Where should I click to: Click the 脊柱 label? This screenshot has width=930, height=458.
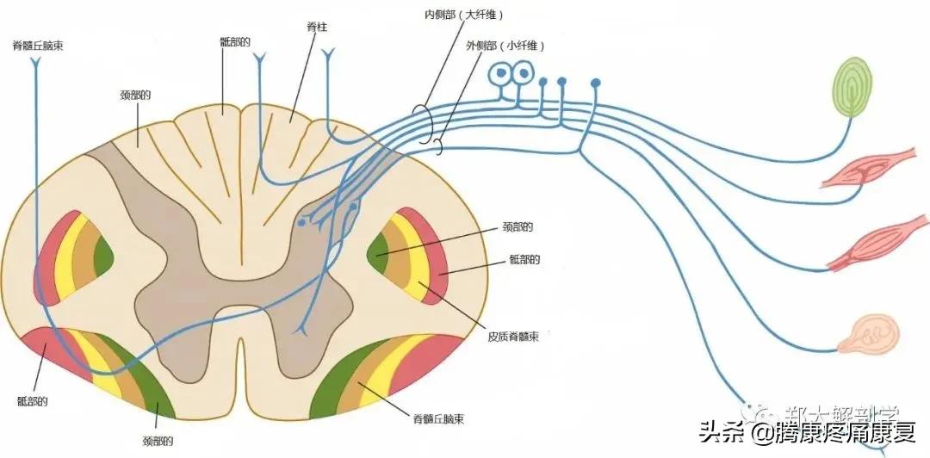pyautogui.click(x=317, y=28)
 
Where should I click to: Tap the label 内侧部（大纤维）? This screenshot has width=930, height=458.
pyautogui.click(x=464, y=15)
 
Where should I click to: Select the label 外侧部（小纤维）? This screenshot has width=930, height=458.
pyautogui.click(x=506, y=45)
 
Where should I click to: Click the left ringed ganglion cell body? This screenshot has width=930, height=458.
pyautogui.click(x=499, y=75)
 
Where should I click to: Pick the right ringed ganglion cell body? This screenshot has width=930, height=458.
pyautogui.click(x=522, y=75)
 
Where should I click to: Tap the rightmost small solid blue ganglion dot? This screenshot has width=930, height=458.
pyautogui.click(x=595, y=83)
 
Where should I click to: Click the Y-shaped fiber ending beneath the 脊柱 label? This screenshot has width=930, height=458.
pyautogui.click(x=328, y=56)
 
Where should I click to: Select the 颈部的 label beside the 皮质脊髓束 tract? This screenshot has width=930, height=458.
pyautogui.click(x=517, y=227)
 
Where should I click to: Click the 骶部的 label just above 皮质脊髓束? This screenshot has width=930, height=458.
pyautogui.click(x=524, y=258)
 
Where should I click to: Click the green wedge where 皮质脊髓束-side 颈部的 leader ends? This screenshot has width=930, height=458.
pyautogui.click(x=379, y=252)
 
